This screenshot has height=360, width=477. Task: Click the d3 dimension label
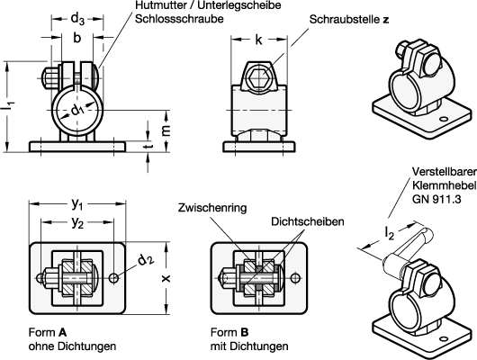pos(77,19)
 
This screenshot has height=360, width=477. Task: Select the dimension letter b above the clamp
pos(77,38)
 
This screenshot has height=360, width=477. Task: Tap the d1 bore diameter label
pos(77,111)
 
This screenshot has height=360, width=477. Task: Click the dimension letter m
pos(166,130)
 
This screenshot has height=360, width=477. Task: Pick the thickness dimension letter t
pos(148,146)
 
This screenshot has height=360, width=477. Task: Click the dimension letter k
pos(258,40)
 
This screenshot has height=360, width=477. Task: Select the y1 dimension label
pos(77,204)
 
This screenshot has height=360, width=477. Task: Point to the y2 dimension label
pos(77,223)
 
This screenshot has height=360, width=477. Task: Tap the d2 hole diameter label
pos(146,259)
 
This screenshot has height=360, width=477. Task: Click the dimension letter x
pos(166,278)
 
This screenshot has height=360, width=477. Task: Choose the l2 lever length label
pos(389,233)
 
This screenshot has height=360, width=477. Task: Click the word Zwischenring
pos(212,208)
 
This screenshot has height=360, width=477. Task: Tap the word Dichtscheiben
pos(308,221)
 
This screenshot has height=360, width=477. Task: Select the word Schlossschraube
pos(179,19)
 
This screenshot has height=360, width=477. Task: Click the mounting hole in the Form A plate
pos(113,278)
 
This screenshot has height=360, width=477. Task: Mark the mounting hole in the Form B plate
pos(294,278)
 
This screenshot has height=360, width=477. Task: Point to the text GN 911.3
pos(436,199)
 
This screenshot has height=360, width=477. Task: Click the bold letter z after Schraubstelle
pos(386,20)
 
